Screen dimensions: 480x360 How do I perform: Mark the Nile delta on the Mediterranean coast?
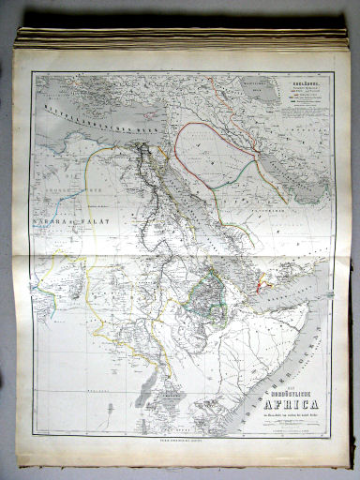coord(145,146)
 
